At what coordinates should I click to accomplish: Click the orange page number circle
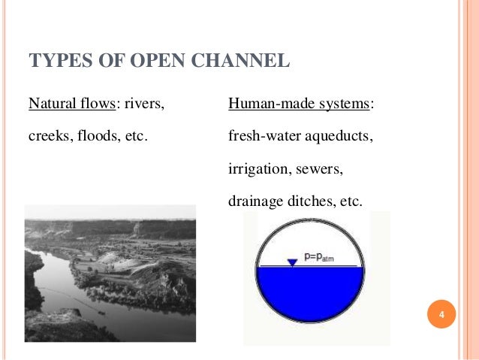click(442, 313)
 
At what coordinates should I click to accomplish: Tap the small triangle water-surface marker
click(293, 262)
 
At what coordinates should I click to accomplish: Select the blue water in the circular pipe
click(309, 297)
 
